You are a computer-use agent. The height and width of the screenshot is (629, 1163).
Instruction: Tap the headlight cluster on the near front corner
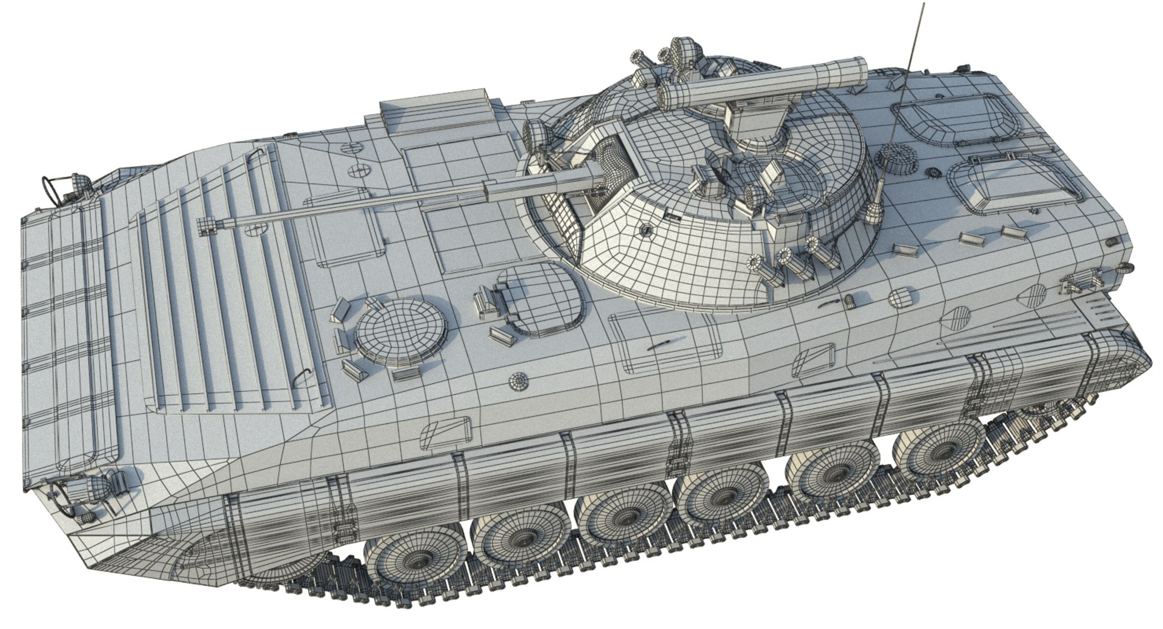pyautogui.click(x=85, y=489)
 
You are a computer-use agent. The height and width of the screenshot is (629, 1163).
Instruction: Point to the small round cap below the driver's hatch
pyautogui.click(x=519, y=381)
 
